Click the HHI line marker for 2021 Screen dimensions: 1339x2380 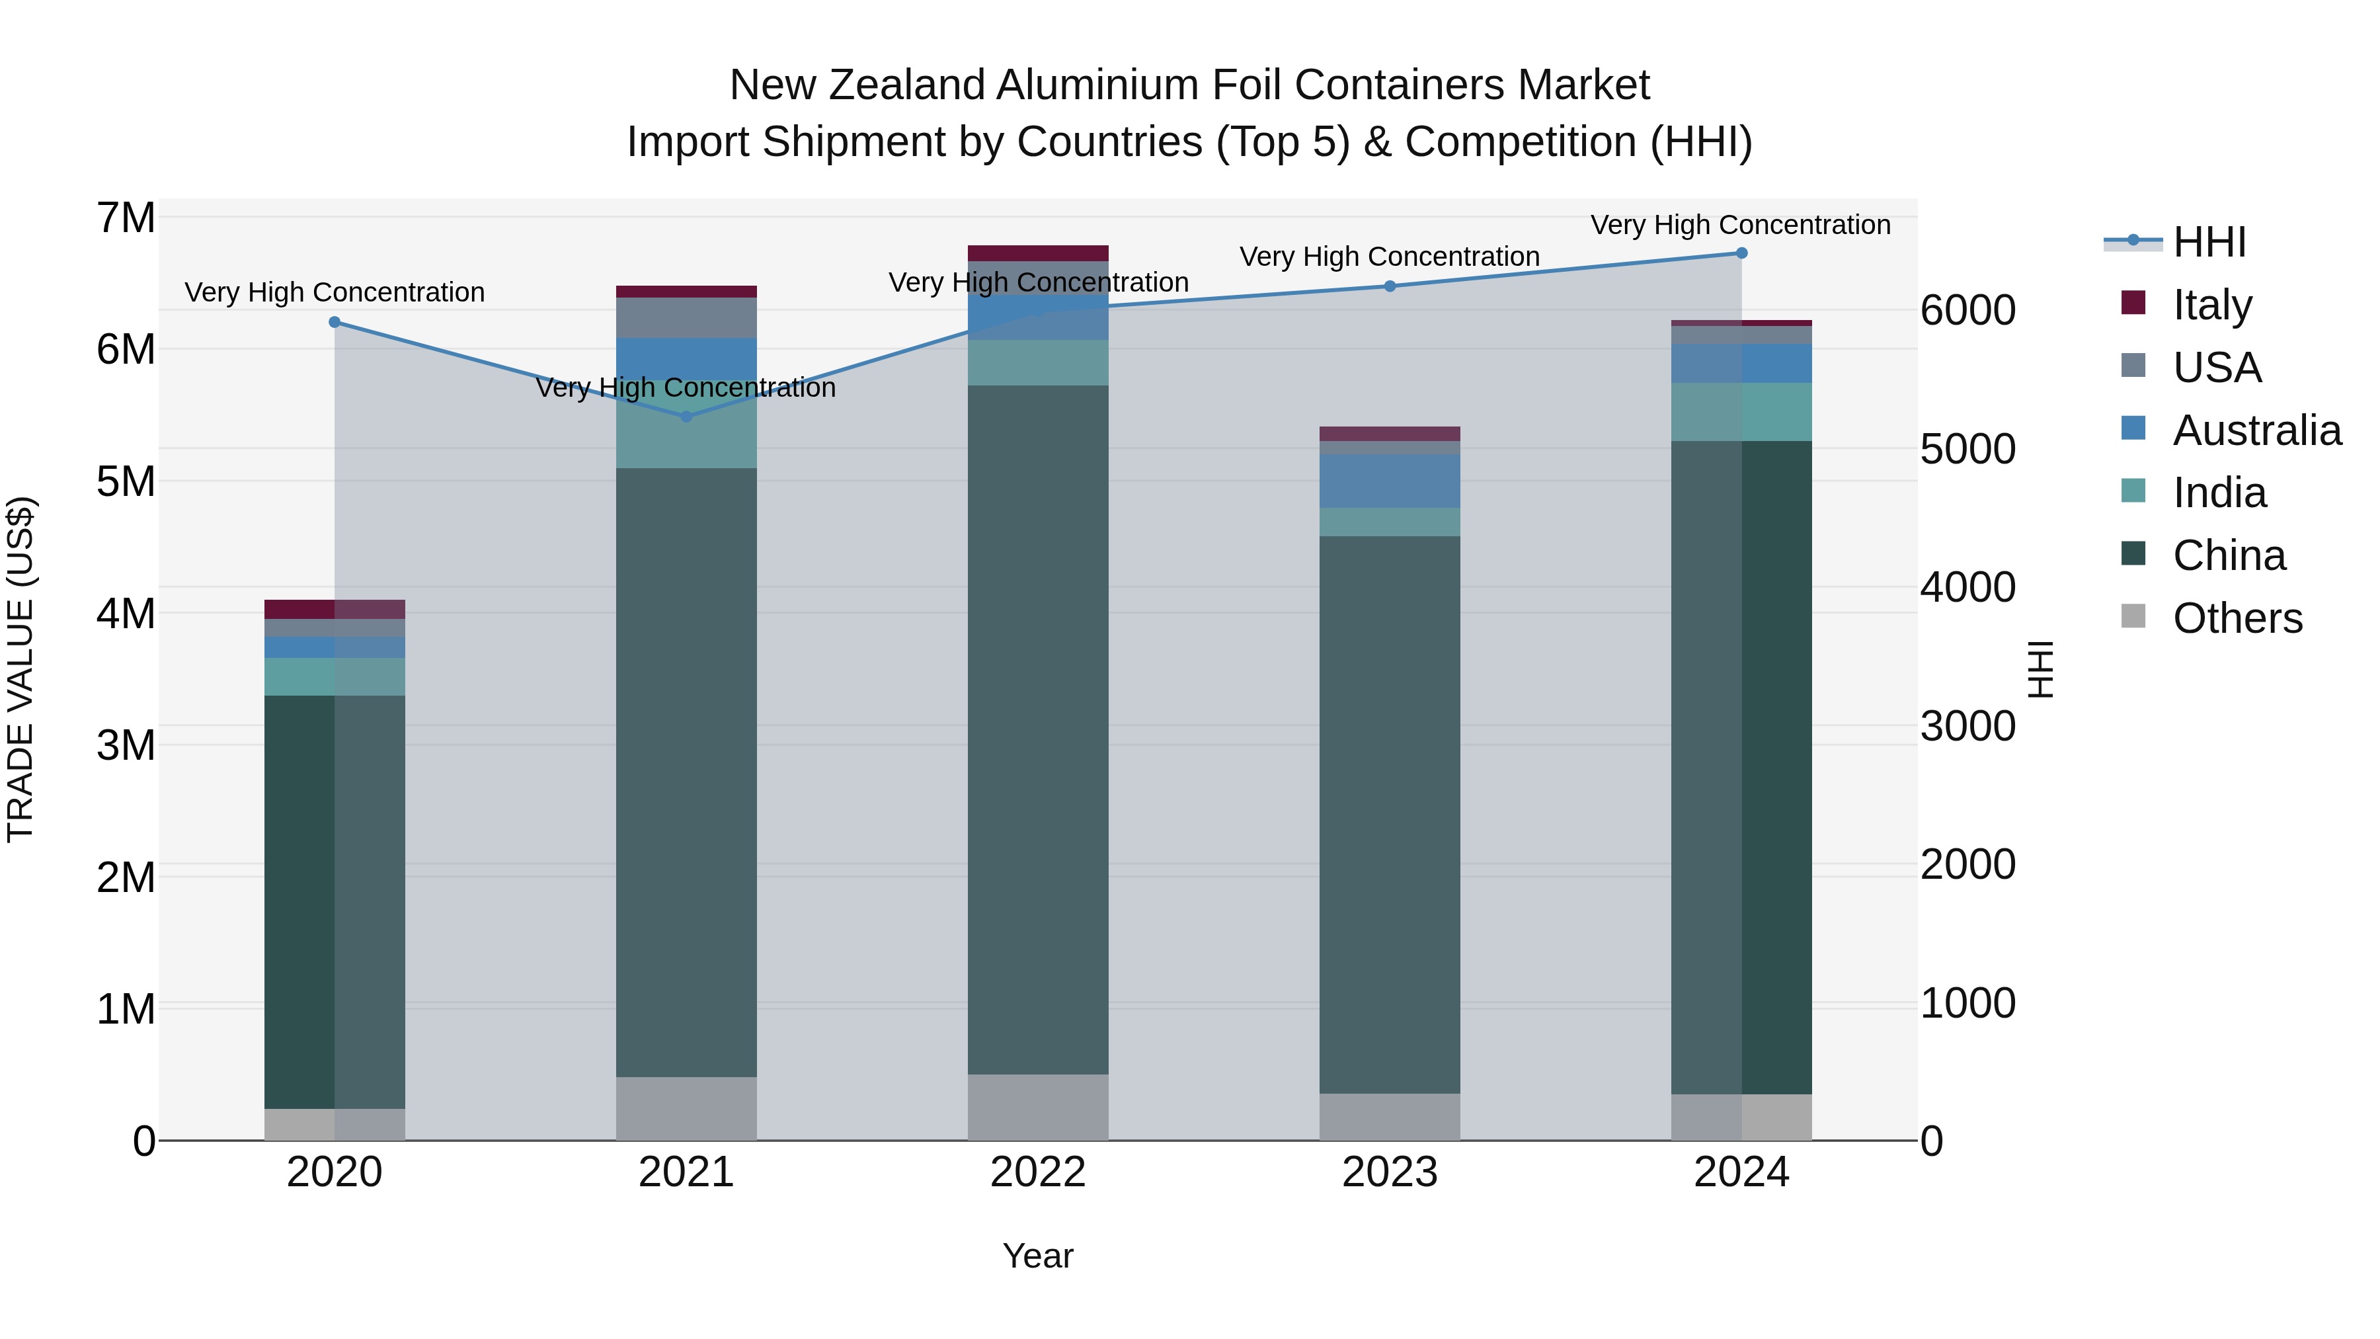click(x=686, y=417)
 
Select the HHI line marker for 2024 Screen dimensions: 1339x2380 click(x=1741, y=253)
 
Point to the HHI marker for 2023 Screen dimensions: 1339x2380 click(x=1390, y=286)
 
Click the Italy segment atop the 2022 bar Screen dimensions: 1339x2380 click(x=1037, y=253)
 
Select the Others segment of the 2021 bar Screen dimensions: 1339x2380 click(x=686, y=1108)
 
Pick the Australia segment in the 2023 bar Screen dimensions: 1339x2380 click(x=1390, y=481)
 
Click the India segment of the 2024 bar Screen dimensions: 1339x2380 click(x=1741, y=412)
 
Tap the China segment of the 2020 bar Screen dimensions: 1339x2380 click(x=335, y=901)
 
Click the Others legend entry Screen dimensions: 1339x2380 click(x=2236, y=618)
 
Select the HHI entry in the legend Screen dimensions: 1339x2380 click(x=2208, y=242)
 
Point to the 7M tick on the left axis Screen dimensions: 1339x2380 click(x=126, y=219)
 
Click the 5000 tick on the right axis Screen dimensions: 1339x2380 click(x=1967, y=449)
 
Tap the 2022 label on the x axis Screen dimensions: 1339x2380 click(x=1037, y=1172)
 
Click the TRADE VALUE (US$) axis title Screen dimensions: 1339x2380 click(x=20, y=669)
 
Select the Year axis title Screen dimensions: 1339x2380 click(x=1037, y=1256)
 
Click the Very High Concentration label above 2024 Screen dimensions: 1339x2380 click(x=1740, y=225)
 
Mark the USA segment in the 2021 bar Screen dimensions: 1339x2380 click(x=686, y=318)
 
